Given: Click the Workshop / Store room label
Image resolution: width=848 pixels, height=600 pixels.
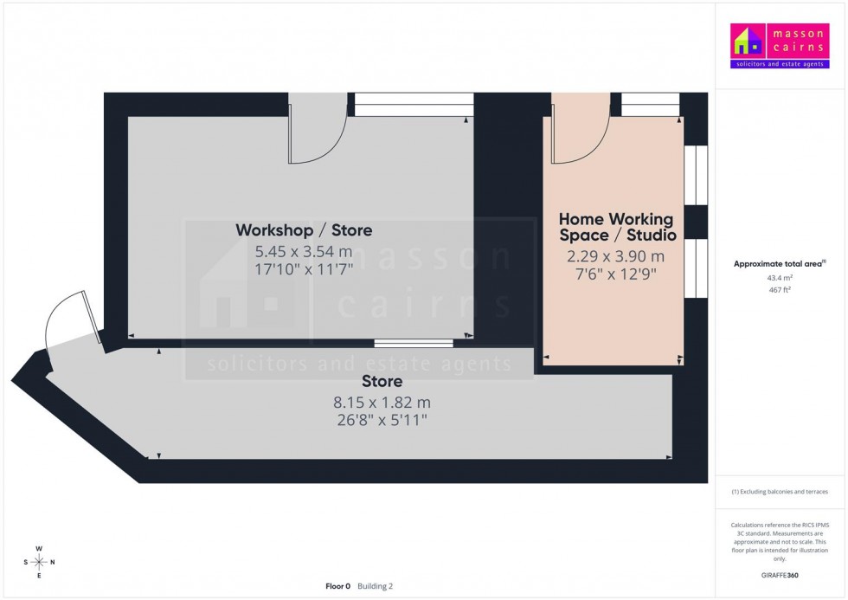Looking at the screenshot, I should coord(304,230).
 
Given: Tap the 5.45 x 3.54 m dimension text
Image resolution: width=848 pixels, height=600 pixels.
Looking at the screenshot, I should coord(304,252).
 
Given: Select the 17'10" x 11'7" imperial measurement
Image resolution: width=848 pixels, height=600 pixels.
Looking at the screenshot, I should coord(304,269).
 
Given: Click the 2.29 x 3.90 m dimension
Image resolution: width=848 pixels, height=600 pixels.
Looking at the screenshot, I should coord(615,256).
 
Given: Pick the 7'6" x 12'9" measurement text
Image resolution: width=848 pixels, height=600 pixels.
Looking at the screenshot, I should coord(615,275).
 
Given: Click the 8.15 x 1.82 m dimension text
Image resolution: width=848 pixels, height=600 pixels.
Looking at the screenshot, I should coord(382,403).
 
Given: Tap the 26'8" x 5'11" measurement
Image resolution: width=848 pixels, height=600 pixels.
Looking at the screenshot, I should coord(382,420).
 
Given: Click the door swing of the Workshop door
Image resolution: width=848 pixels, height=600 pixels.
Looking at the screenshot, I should coord(317,139).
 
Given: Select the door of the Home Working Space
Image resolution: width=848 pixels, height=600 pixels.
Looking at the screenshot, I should coord(580,139).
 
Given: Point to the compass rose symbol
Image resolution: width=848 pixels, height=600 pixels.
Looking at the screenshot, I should coord(39,562).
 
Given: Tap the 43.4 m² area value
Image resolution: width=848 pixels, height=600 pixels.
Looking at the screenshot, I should coord(780,278).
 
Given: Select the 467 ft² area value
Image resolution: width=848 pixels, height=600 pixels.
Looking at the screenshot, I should coord(780,290).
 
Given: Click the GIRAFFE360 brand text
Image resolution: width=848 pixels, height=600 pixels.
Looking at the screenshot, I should coord(780,574).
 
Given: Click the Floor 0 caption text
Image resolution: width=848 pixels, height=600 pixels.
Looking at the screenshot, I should coord(337,586).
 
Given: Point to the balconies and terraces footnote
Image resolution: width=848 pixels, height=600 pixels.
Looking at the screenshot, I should coord(780,492).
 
